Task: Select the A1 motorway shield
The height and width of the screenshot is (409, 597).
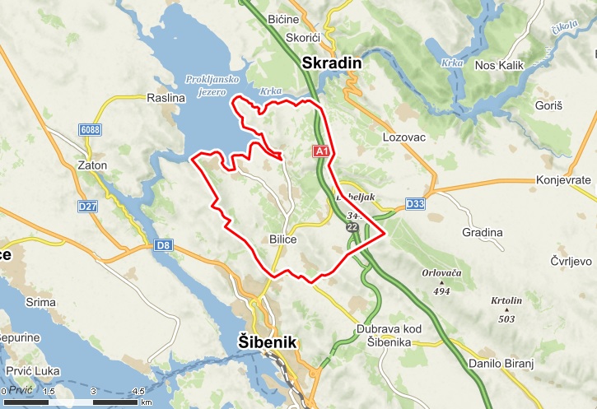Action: pos(321,151)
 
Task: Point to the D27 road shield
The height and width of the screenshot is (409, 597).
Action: pos(88,207)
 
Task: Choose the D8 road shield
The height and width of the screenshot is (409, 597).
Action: pos(164,244)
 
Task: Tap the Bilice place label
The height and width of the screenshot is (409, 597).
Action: pos(282,239)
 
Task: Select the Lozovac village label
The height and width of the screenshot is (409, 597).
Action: pos(404,137)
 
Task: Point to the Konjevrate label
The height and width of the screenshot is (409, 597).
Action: pos(563,179)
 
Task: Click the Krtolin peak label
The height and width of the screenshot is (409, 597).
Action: pos(506,301)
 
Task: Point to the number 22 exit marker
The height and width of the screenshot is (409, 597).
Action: pos(352,226)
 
